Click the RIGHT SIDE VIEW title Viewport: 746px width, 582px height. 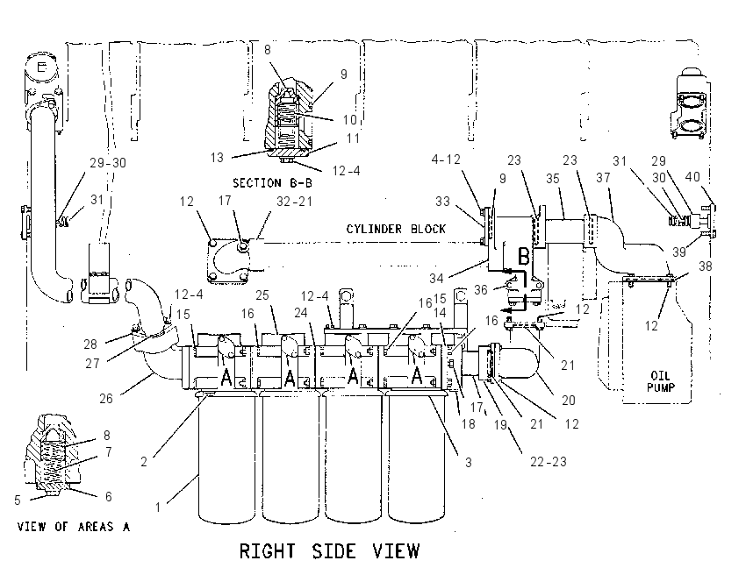[329, 551]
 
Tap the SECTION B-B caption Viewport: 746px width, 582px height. [272, 183]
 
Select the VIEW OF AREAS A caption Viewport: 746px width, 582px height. [73, 527]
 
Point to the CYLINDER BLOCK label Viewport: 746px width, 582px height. [396, 229]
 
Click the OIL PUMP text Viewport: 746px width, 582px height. [660, 381]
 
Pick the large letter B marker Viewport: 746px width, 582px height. [523, 257]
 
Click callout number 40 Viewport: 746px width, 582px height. [692, 177]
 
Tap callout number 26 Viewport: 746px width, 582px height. [105, 398]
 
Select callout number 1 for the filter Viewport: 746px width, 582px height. [158, 507]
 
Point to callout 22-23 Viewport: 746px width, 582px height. [549, 461]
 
